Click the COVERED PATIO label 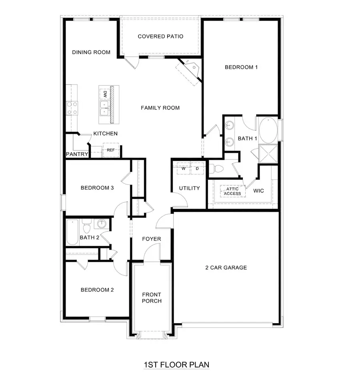coord(160,36)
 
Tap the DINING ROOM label coord(91,52)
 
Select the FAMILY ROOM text coord(160,107)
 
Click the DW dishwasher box coord(105,94)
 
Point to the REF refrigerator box coord(110,150)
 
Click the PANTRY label coord(77,154)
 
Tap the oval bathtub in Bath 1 coord(267,130)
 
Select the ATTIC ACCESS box coord(232,191)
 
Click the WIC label coord(259,191)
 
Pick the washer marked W coord(184,168)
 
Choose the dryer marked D coord(197,168)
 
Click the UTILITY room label coord(189,188)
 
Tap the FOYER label coord(152,239)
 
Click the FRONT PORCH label coord(152,298)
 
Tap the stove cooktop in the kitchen coord(72,108)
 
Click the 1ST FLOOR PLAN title coord(176,365)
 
